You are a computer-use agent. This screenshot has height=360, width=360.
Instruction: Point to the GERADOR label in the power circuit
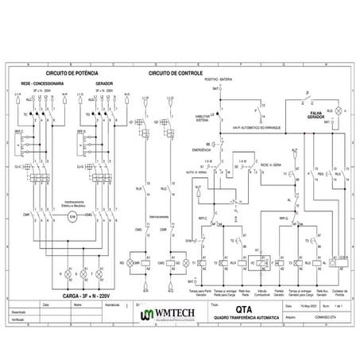(103, 82)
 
